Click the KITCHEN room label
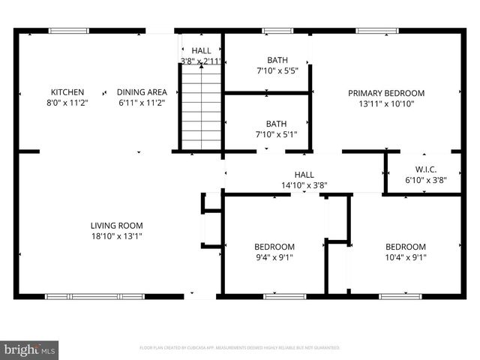[x=67, y=92]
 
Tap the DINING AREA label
[x=142, y=92]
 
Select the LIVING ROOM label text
[x=116, y=225]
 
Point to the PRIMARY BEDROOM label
[x=386, y=93]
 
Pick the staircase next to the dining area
[x=200, y=106]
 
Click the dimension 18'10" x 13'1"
[x=116, y=235]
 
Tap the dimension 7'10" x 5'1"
[x=266, y=135]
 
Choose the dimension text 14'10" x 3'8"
[x=304, y=184]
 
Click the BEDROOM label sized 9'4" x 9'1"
[x=274, y=247]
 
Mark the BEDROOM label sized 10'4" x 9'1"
[x=406, y=247]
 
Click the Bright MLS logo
[x=30, y=349]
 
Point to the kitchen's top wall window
[x=69, y=31]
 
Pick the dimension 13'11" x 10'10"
[x=386, y=103]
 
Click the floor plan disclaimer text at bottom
[x=240, y=348]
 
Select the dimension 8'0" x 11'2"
[x=67, y=103]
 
